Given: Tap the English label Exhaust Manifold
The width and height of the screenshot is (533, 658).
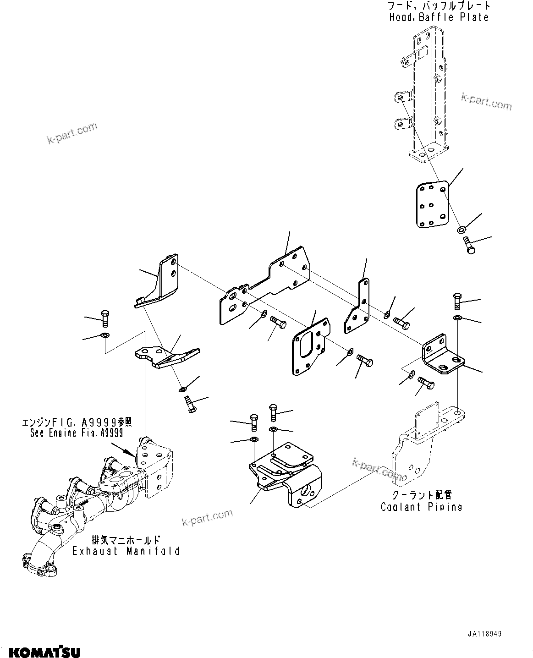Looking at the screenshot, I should [126, 551].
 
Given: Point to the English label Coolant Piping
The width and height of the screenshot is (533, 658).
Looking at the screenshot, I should [421, 506].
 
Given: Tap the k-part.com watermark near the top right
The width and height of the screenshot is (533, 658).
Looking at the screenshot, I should [486, 102].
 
